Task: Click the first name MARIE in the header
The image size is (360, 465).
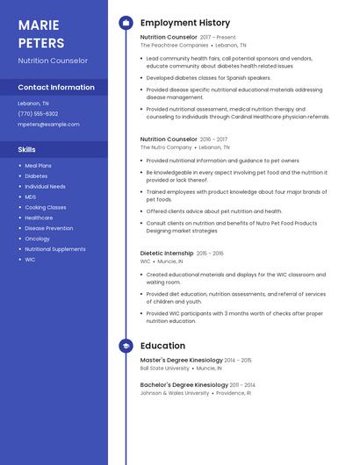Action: pos(39,25)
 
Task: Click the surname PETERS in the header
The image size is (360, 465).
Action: pos(41,43)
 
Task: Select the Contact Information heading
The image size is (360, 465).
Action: pos(56,88)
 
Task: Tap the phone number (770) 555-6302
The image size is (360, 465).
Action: pos(38,113)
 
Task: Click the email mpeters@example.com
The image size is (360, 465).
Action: pos(48,125)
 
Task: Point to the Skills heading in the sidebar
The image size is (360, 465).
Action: pos(26,150)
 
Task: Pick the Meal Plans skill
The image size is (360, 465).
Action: pos(38,166)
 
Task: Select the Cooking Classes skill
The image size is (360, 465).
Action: pos(45,207)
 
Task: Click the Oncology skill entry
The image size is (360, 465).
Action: pos(37,239)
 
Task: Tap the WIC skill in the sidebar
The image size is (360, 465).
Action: pos(30,260)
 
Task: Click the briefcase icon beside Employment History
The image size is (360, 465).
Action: pos(126,23)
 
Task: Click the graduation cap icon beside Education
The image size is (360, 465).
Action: pos(126,346)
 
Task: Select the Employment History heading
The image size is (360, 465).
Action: pos(185,23)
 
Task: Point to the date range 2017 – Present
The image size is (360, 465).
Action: pos(218,38)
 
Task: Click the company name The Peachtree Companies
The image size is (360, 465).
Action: pos(173,46)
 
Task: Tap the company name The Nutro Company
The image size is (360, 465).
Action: pos(166,147)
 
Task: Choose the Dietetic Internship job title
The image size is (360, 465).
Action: pos(167,254)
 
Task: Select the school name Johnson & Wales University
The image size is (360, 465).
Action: pos(175,393)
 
